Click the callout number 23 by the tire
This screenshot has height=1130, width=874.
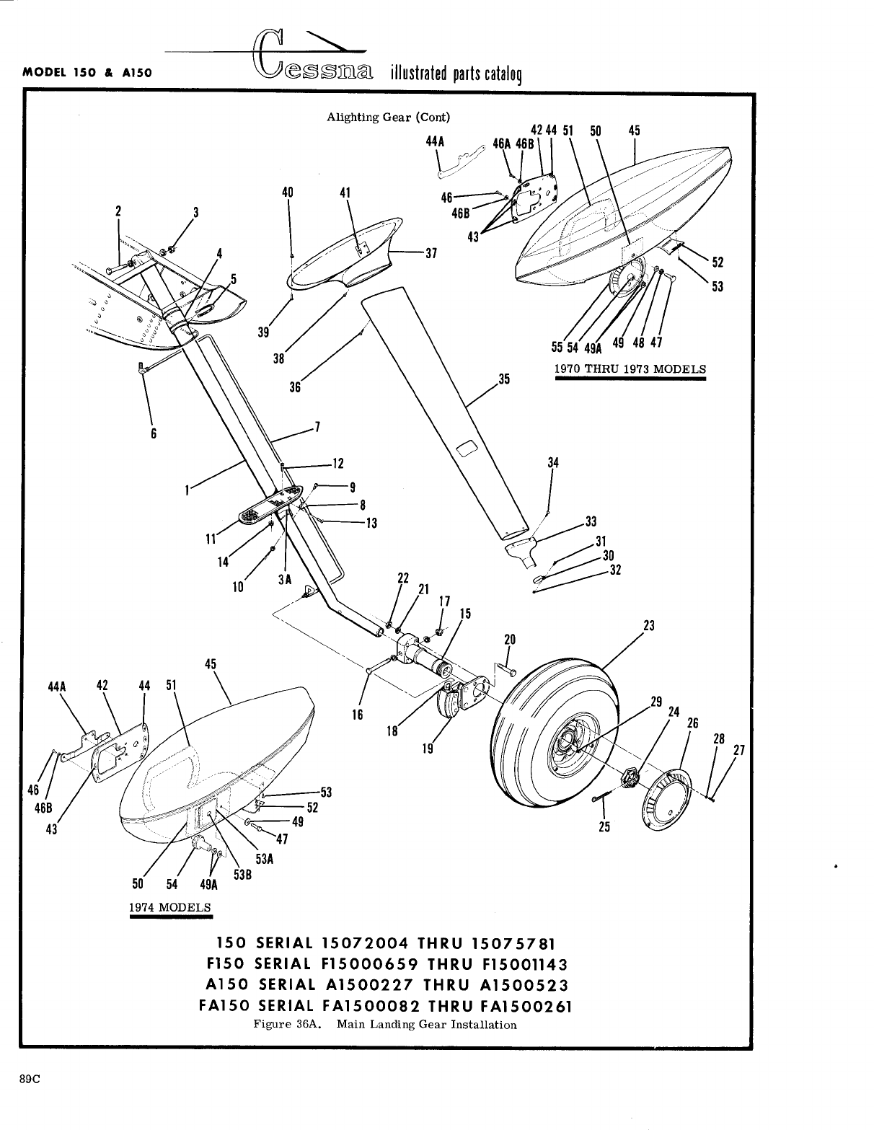(x=648, y=626)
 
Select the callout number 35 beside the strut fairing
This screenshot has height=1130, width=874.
(x=504, y=378)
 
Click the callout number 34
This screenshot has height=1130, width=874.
(x=553, y=463)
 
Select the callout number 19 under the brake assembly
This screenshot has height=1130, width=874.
(x=428, y=749)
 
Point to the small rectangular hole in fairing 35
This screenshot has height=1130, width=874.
(x=467, y=451)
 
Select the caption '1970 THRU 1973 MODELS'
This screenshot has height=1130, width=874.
(x=630, y=369)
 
